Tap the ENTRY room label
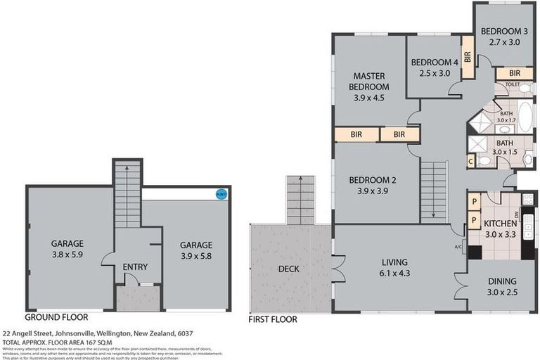click(134, 267)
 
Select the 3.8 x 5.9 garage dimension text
click(67, 255)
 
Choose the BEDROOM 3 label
click(504, 31)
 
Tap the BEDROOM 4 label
click(435, 62)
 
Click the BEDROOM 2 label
click(373, 180)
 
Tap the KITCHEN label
click(501, 223)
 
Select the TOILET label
click(512, 84)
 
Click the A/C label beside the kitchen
click(458, 246)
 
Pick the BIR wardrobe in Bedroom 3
click(514, 72)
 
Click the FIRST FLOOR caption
click(273, 319)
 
